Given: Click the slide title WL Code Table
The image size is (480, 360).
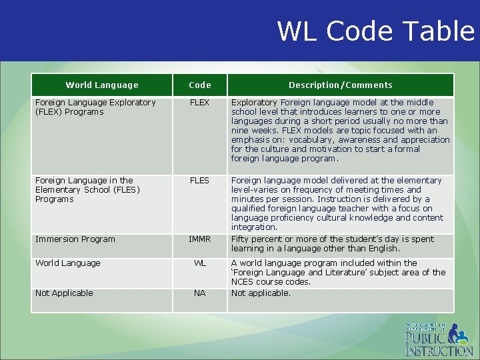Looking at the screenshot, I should tap(375, 31).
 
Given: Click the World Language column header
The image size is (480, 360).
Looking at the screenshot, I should tap(102, 85).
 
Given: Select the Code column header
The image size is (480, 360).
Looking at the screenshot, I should tap(199, 85).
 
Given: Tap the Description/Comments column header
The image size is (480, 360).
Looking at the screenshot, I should tap(340, 85).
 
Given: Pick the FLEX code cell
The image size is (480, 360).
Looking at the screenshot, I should tap(199, 103).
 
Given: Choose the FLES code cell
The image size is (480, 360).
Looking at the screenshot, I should tap(199, 181).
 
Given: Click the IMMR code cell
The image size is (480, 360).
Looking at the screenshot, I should tap(199, 239).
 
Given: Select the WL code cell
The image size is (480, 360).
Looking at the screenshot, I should tap(199, 263).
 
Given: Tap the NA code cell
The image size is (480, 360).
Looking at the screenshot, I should tap(199, 293).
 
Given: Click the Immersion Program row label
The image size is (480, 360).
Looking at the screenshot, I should tap(75, 239).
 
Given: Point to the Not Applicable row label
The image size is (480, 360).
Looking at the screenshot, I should tap(64, 293).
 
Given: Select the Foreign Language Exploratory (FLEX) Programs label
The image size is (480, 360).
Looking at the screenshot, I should tap(95, 107).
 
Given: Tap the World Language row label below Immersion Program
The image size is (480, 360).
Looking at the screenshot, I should tap(67, 263).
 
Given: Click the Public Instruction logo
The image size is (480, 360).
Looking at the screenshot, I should tap(438, 339).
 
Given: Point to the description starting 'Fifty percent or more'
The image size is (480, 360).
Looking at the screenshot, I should tap(332, 244).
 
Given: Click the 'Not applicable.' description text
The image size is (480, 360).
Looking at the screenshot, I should tap(261, 293).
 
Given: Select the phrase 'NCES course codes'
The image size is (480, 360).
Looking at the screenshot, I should tap(271, 282).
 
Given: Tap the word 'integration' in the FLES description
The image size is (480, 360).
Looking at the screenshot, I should tap(254, 227).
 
